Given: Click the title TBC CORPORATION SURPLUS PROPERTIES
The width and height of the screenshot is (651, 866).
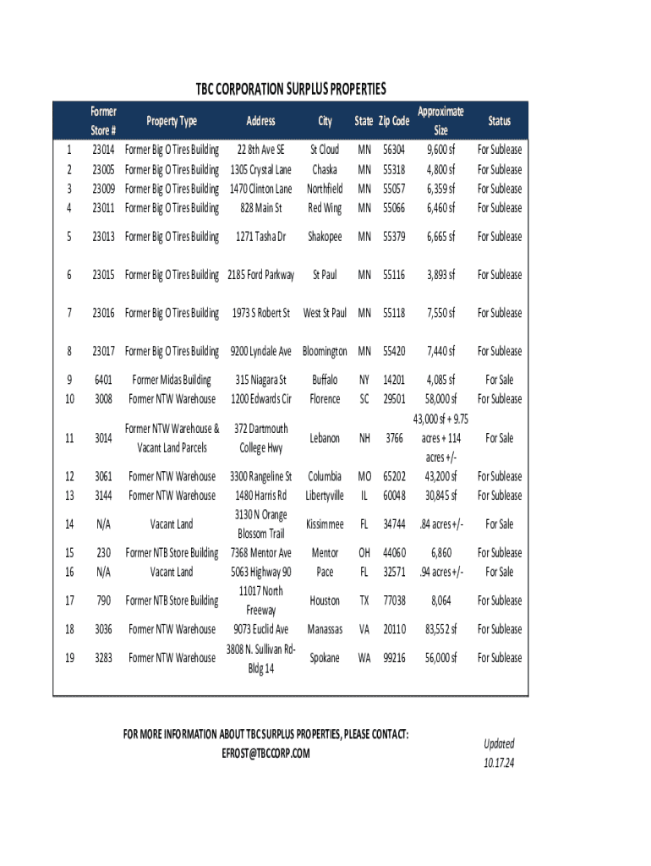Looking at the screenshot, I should pyautogui.click(x=291, y=89).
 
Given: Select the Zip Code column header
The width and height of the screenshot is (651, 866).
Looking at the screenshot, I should pyautogui.click(x=394, y=121).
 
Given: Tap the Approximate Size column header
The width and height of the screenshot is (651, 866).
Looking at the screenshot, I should pyautogui.click(x=440, y=121).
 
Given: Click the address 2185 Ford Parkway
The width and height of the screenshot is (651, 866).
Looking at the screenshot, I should pyautogui.click(x=261, y=275).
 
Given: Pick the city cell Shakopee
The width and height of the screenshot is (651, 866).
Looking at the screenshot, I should pyautogui.click(x=325, y=237).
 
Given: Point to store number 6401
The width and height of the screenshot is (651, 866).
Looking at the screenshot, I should pyautogui.click(x=104, y=380).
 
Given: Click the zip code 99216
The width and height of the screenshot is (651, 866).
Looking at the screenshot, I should pyautogui.click(x=394, y=658).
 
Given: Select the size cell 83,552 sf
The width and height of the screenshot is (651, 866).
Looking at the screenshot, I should pyautogui.click(x=440, y=629).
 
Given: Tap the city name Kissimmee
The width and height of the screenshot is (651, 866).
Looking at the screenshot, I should pyautogui.click(x=325, y=524).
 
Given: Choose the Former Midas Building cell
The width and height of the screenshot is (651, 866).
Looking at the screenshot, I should pyautogui.click(x=172, y=380).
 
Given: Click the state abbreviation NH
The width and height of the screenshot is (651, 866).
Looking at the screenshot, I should pyautogui.click(x=364, y=438).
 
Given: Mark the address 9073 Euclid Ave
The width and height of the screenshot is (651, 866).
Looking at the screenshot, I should pyautogui.click(x=260, y=629).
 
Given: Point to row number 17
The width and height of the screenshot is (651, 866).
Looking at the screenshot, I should pyautogui.click(x=68, y=601).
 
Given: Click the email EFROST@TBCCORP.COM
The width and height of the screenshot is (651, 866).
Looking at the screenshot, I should pyautogui.click(x=265, y=754).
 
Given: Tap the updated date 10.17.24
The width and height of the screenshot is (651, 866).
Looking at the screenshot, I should pyautogui.click(x=499, y=761).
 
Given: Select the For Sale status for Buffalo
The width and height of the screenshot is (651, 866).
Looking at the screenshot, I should pyautogui.click(x=499, y=380).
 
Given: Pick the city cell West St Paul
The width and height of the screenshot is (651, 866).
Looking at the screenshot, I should pyautogui.click(x=325, y=313).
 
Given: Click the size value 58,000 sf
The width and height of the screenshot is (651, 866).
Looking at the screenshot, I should pyautogui.click(x=440, y=399).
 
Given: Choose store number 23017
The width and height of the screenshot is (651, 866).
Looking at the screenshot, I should pyautogui.click(x=104, y=351).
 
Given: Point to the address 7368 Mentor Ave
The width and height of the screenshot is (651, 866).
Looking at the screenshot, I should pyautogui.click(x=260, y=553).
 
